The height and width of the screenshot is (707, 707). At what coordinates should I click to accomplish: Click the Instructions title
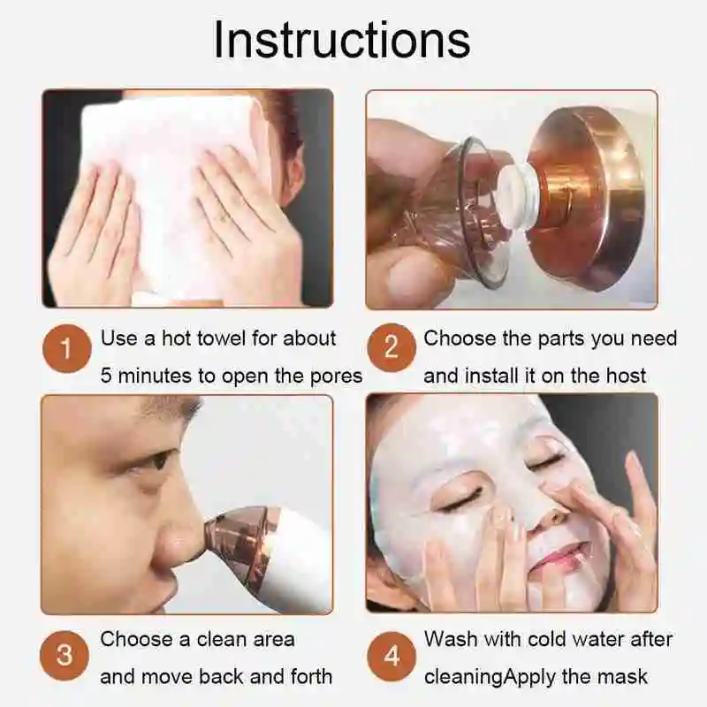tap(341, 41)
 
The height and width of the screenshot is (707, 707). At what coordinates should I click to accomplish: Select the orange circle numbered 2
tap(391, 348)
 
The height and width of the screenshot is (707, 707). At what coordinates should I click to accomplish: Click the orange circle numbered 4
tap(391, 656)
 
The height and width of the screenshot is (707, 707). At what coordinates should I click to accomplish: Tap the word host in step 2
tap(626, 376)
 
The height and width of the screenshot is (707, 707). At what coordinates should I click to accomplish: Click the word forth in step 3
tap(309, 678)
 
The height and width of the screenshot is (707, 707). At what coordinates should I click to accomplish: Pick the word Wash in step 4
tap(451, 639)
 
